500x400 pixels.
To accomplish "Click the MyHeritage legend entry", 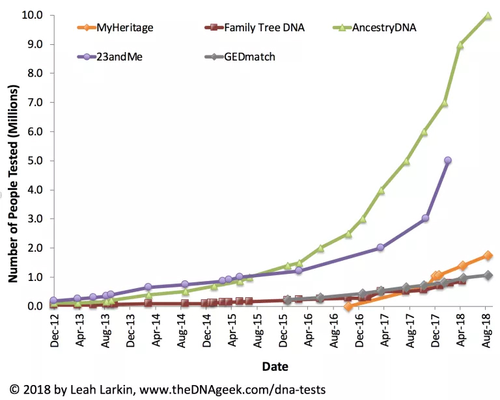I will point(123,27).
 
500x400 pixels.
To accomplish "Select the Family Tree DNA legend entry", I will point(264,27).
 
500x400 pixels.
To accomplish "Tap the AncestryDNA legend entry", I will point(383,27).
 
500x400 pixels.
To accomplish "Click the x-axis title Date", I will point(275,367).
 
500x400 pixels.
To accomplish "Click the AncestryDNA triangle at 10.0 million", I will point(487,15).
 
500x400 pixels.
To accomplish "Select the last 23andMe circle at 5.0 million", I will point(447,160).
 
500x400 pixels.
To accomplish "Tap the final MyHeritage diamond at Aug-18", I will point(487,256).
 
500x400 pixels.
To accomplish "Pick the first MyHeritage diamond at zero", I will point(348,306).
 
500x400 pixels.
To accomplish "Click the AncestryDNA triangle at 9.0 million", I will point(460,45).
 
